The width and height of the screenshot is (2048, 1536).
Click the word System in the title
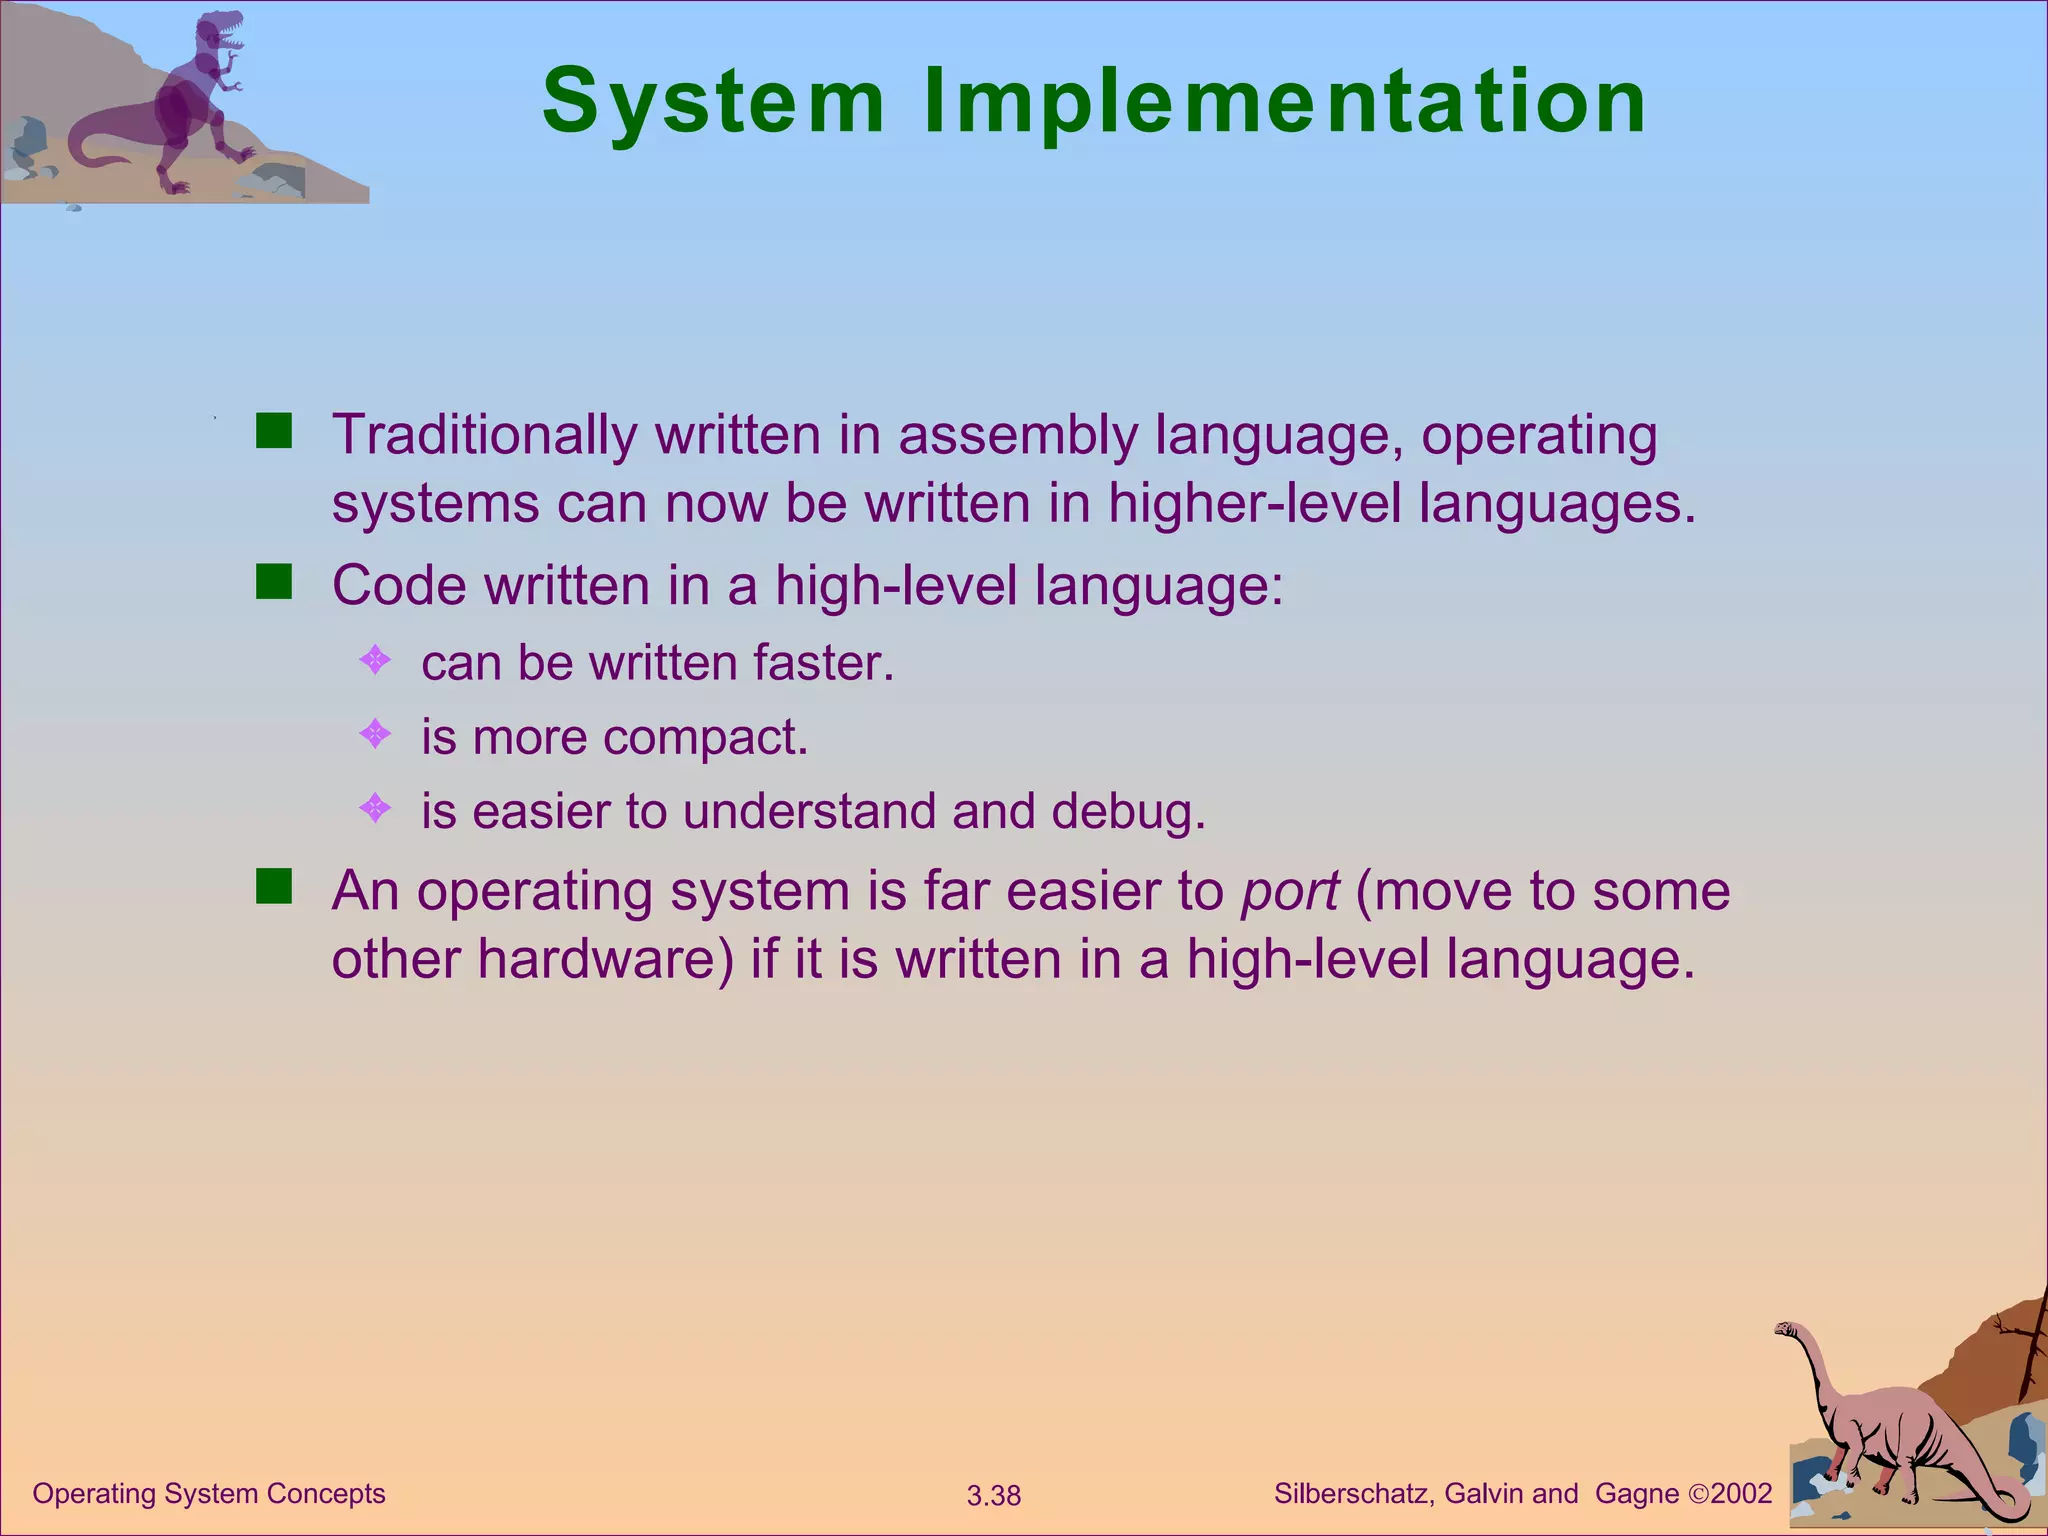(x=713, y=102)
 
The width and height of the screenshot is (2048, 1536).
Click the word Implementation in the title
(x=1284, y=102)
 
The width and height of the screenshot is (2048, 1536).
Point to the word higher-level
(x=1255, y=503)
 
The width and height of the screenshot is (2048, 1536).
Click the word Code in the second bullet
(x=399, y=585)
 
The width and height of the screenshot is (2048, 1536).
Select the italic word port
(x=1289, y=892)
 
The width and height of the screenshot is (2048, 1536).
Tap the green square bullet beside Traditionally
(x=273, y=432)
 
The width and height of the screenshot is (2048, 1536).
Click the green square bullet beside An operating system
(x=273, y=887)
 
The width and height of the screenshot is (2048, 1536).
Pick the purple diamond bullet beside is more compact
(x=375, y=735)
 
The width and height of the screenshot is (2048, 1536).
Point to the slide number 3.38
(x=993, y=1496)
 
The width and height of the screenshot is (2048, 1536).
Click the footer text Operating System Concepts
(x=209, y=1494)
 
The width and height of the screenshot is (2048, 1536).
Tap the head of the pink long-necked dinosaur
(x=1787, y=1330)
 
